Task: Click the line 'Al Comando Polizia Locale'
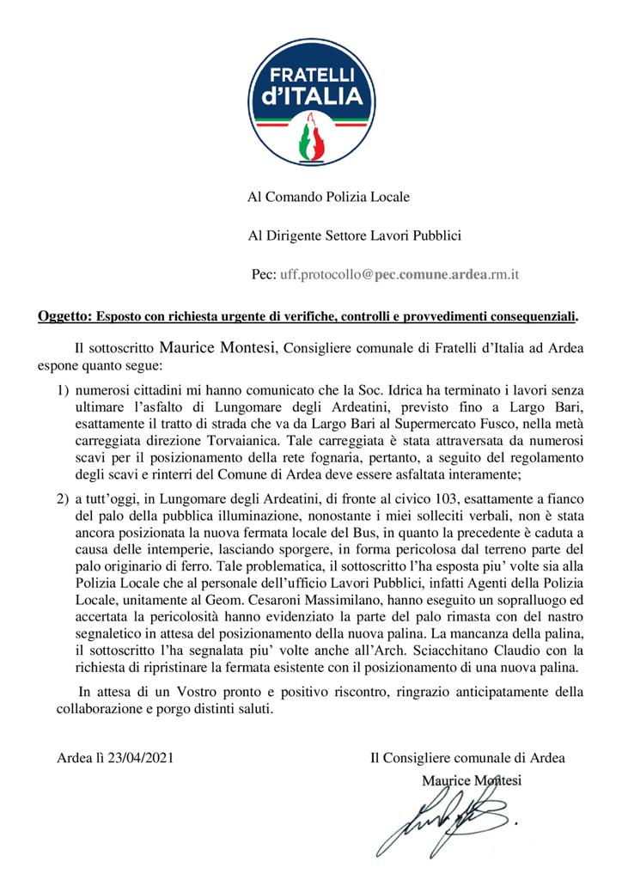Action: [328, 197]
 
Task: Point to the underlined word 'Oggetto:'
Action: [64, 316]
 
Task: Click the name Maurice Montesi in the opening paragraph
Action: [216, 348]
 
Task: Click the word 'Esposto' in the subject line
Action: [120, 316]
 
